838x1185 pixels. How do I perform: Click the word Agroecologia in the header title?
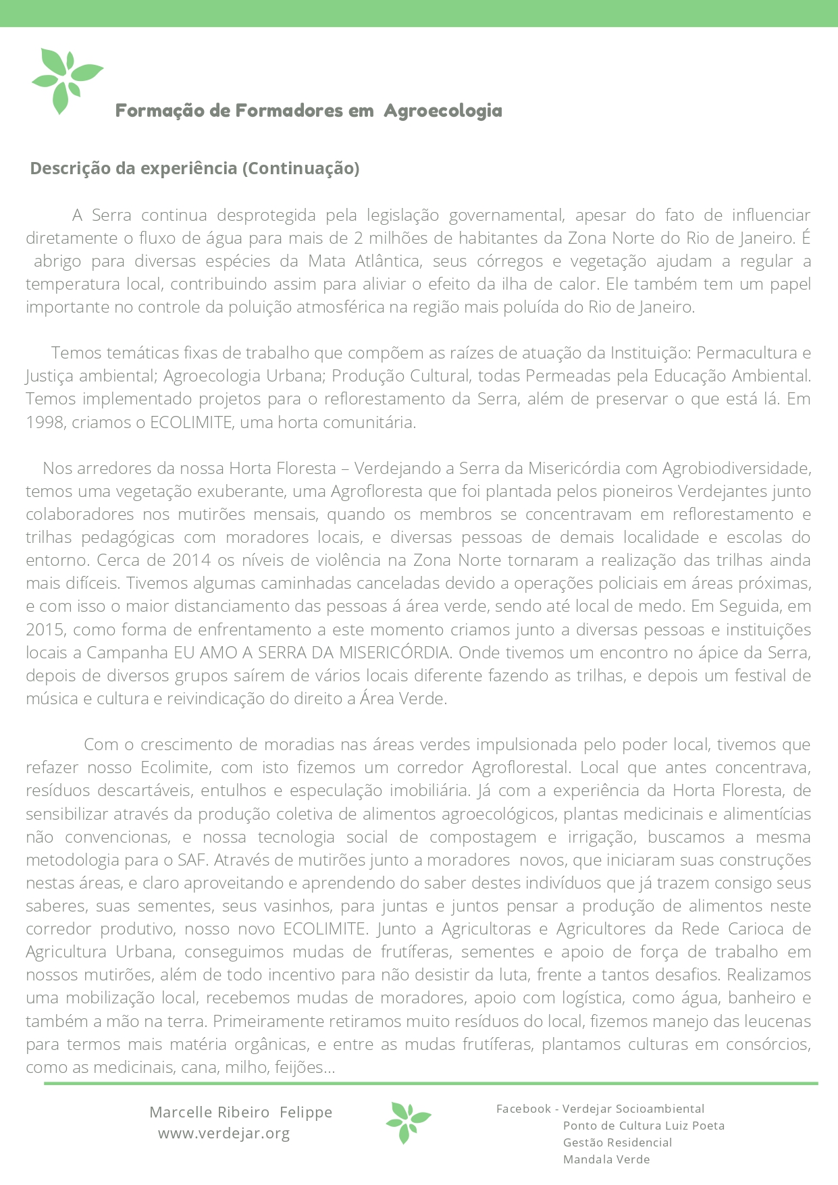tap(442, 111)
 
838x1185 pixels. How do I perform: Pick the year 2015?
tap(45, 630)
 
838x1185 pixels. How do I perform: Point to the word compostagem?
tap(483, 837)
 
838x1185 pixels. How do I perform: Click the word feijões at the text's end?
tap(307, 1068)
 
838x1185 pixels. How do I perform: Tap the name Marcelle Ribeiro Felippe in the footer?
tap(240, 1112)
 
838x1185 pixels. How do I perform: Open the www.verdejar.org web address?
tap(224, 1133)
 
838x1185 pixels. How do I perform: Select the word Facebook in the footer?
tap(523, 1109)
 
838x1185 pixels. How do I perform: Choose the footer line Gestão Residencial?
tap(617, 1142)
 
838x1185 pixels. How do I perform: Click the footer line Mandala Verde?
tap(606, 1159)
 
